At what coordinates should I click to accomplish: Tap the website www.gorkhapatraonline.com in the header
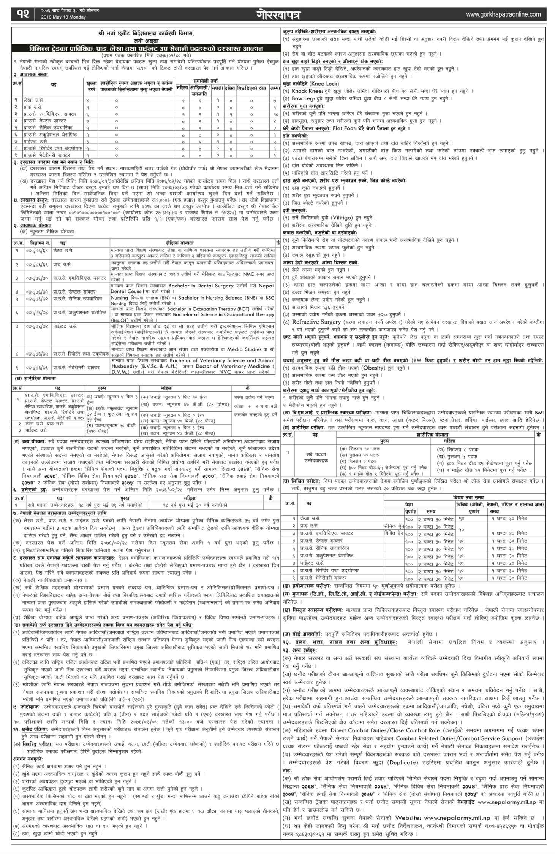click(503, 14)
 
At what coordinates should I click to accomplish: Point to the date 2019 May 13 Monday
click(63, 17)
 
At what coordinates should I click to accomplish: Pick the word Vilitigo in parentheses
click(343, 218)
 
